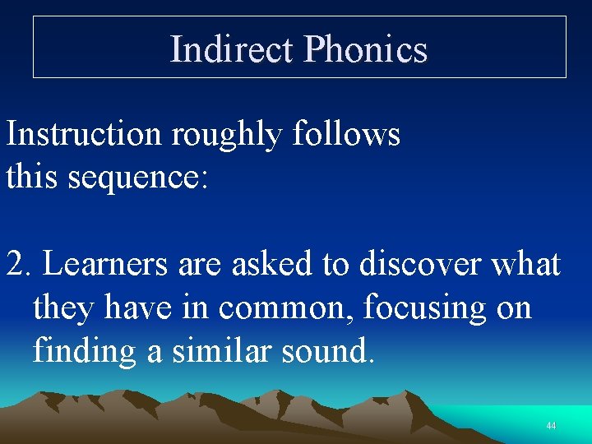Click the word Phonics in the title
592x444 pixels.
pyautogui.click(x=366, y=49)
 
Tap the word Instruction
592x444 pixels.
pyautogui.click(x=84, y=134)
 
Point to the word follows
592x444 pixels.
pyautogui.click(x=346, y=134)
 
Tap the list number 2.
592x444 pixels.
pyautogui.click(x=16, y=265)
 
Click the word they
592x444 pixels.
pyautogui.click(x=62, y=308)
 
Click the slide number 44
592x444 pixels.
pyautogui.click(x=551, y=426)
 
